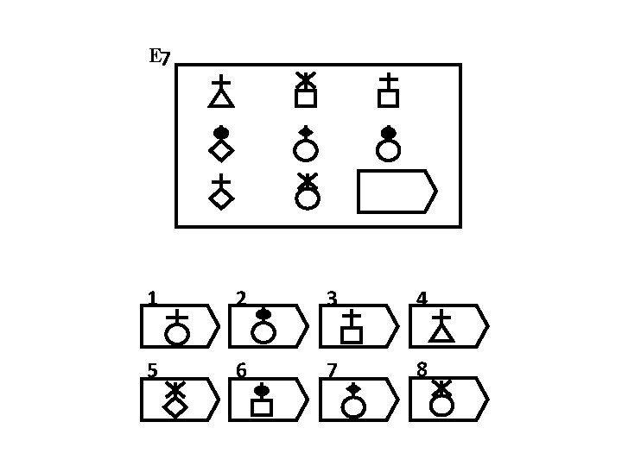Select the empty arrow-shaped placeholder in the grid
click(397, 192)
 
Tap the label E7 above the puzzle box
click(160, 58)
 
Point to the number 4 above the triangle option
click(422, 299)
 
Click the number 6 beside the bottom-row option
click(241, 371)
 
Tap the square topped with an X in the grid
click(306, 91)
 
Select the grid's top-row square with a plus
click(388, 91)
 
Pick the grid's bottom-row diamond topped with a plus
click(221, 192)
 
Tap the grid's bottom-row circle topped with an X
click(307, 192)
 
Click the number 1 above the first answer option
click(152, 299)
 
